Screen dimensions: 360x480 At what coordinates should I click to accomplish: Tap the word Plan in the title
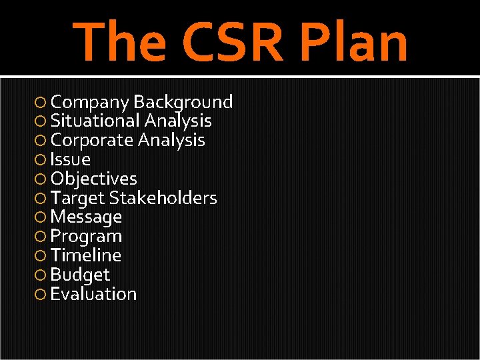354,41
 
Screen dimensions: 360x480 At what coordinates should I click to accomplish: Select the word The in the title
120,41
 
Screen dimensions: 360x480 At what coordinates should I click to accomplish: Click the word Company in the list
90,103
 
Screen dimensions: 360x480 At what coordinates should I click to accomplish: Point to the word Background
183,102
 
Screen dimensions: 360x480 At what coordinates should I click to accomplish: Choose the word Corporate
92,141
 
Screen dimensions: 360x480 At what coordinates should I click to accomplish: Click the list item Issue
70,160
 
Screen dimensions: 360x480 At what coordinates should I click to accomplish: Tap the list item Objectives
93,179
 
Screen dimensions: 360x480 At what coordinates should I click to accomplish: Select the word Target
77,199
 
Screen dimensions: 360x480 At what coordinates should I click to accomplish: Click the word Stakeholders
163,198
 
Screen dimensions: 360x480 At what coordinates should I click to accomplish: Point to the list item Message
86,217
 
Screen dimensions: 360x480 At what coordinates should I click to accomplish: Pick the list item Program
86,237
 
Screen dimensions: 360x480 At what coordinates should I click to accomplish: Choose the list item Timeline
85,255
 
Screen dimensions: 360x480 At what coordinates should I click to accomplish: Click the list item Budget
80,275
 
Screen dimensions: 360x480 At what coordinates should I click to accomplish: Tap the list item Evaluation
93,294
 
